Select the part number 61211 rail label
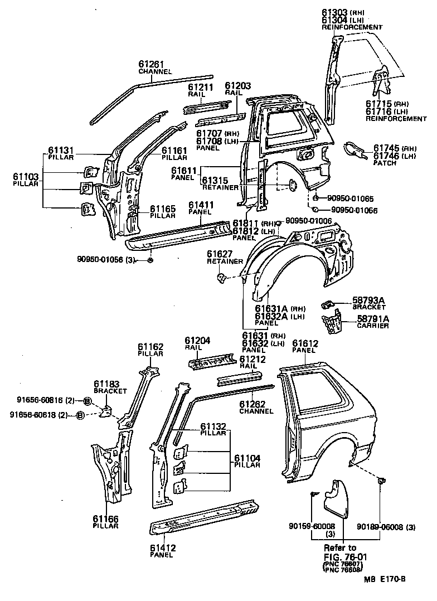[x=201, y=88]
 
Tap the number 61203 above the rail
[x=238, y=86]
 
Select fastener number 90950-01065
[x=349, y=198]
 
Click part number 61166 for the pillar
[x=106, y=518]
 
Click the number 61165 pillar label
[x=162, y=209]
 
